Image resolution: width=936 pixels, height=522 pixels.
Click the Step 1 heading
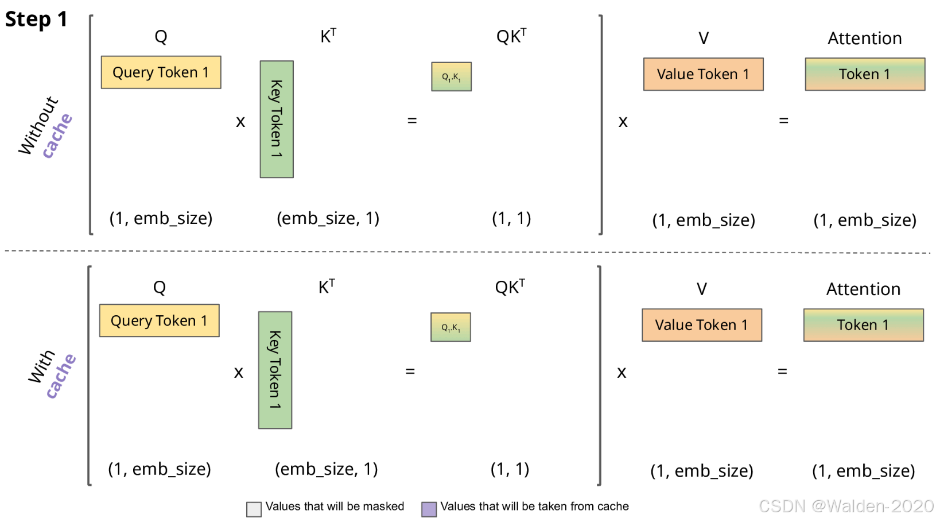tap(36, 19)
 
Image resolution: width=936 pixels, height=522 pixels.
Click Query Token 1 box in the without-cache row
tap(161, 72)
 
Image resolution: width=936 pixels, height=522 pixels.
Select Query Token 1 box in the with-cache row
tap(159, 320)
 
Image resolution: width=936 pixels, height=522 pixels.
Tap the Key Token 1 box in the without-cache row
tap(277, 119)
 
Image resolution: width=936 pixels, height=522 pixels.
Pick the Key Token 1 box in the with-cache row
tap(275, 370)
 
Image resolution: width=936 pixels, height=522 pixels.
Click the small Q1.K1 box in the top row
tap(451, 76)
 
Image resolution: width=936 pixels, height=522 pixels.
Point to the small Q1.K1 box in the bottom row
tap(450, 327)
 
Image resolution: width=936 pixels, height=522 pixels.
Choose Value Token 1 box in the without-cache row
tap(703, 74)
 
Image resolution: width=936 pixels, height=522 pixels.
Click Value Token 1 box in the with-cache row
tap(701, 325)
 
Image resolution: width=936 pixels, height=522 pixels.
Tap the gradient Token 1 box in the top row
tap(864, 74)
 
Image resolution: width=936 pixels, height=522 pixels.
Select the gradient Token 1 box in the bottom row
tap(863, 325)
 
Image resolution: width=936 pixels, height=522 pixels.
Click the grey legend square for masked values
tap(254, 509)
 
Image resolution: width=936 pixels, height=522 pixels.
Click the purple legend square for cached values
tap(429, 509)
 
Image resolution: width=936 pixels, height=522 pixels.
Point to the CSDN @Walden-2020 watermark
tap(846, 506)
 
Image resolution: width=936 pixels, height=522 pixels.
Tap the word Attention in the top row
tap(864, 38)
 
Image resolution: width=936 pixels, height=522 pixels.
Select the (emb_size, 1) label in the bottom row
tap(327, 469)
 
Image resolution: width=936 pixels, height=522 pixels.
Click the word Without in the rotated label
tap(38, 126)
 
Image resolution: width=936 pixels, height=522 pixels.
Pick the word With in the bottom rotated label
tap(42, 366)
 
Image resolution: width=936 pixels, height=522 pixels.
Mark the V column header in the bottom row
tap(701, 289)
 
